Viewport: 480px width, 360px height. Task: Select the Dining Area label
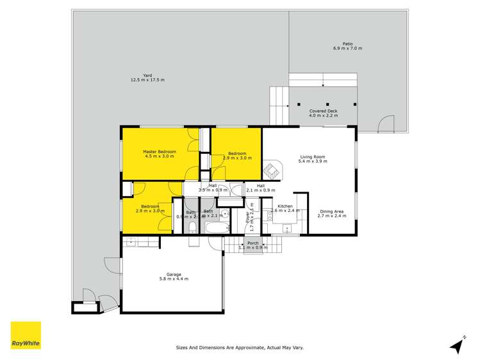tap(331, 211)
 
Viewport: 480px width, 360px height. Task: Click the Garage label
tap(174, 274)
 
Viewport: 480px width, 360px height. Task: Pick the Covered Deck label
tap(323, 111)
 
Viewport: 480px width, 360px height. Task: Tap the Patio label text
tap(348, 44)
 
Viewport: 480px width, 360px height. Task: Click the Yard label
tap(147, 74)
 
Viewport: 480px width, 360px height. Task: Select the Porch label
tap(253, 243)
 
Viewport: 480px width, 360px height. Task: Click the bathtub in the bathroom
tap(214, 229)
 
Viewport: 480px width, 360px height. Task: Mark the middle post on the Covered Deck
tap(327, 104)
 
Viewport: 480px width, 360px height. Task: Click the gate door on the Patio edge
tap(387, 123)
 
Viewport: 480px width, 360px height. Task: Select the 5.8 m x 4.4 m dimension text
tap(174, 279)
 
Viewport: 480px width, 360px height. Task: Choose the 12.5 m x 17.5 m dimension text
tap(147, 80)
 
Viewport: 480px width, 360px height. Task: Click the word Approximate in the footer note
tap(244, 348)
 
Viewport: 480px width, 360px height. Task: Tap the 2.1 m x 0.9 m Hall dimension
tap(261, 190)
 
